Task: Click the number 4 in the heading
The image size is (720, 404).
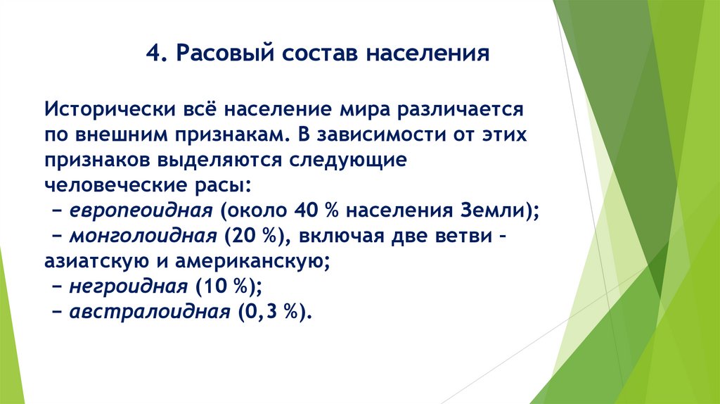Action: [152, 54]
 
